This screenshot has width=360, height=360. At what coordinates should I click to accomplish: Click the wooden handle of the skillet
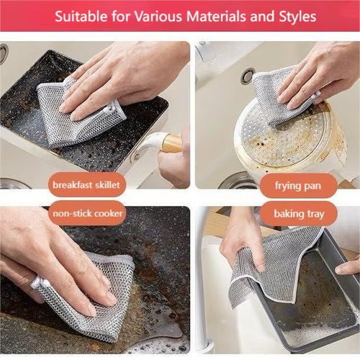point(172,143)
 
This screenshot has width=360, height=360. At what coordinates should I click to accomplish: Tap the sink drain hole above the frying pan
point(247,75)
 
